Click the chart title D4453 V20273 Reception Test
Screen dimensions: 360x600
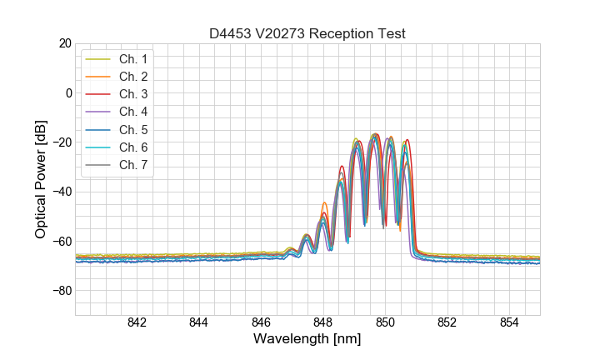[x=307, y=34]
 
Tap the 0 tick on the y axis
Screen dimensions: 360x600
[x=68, y=92]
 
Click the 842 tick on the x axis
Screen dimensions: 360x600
[x=137, y=323]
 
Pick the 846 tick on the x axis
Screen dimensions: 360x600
[x=261, y=323]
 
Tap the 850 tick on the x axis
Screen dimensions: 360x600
[x=385, y=323]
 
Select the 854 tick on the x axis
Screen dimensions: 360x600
[x=508, y=323]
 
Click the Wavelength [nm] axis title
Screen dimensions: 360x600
[x=307, y=340]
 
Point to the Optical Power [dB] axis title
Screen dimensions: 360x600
[x=40, y=179]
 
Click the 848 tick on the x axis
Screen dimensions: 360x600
[x=323, y=323]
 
